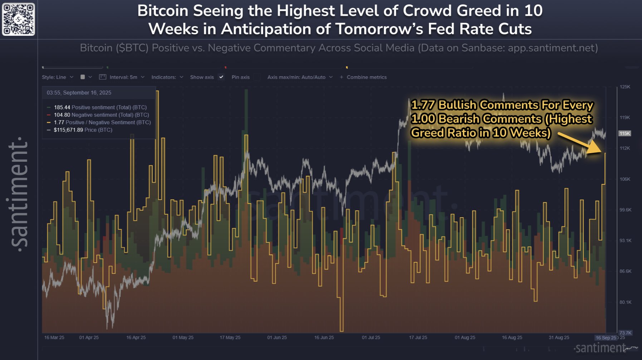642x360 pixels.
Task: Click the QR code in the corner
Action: point(19,19)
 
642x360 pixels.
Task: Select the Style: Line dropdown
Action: point(57,77)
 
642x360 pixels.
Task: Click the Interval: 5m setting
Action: point(122,77)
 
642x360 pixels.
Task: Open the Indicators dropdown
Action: point(167,77)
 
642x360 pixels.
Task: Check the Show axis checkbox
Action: point(221,77)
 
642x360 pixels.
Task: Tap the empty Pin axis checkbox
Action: point(257,77)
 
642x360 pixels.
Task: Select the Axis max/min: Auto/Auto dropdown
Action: point(300,77)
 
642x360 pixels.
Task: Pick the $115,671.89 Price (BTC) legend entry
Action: point(83,130)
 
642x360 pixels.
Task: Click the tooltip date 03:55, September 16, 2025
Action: point(79,93)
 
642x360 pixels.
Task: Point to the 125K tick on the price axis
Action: point(625,87)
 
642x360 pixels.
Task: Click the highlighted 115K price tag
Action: point(625,133)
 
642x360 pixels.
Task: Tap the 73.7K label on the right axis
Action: point(626,333)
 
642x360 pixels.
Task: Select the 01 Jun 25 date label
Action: point(277,337)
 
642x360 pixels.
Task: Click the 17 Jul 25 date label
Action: point(418,337)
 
